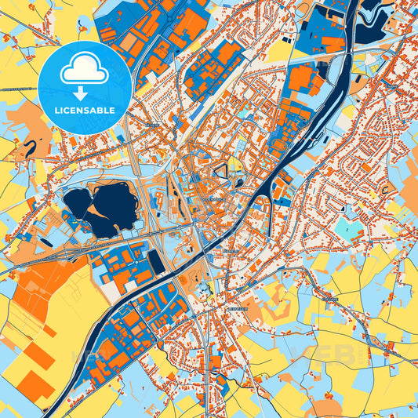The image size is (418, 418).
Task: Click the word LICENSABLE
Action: tap(85, 110)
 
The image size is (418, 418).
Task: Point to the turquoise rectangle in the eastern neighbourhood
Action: tap(347, 229)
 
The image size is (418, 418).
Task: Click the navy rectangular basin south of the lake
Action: tap(157, 261)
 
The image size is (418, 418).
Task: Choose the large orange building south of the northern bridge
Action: tap(302, 78)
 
